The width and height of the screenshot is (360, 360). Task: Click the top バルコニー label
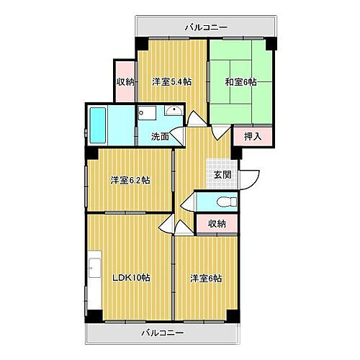tap(206, 27)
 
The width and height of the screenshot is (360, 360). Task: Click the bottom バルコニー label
tap(162, 333)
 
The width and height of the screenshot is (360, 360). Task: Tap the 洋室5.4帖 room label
tap(171, 81)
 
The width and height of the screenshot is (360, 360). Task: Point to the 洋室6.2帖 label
tap(130, 180)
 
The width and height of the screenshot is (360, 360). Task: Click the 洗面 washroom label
tap(160, 136)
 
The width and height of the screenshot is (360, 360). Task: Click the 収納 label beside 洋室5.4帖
tap(125, 81)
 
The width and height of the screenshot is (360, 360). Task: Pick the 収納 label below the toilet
tap(217, 224)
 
